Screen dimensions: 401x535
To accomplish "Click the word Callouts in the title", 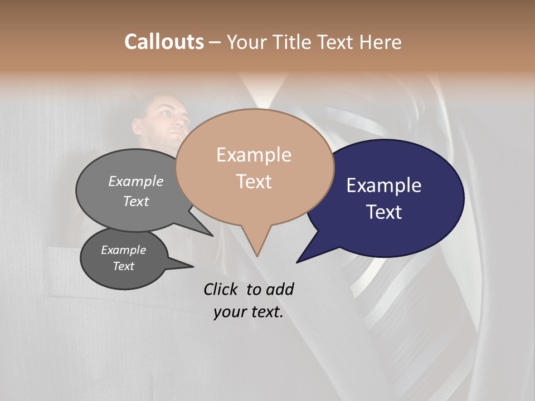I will click(164, 42).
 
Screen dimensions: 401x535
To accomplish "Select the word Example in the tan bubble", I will click(254, 155).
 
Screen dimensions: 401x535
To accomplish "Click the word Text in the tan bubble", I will click(254, 182).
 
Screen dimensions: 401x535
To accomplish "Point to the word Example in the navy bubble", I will click(384, 185).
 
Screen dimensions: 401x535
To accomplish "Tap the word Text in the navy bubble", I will click(384, 212).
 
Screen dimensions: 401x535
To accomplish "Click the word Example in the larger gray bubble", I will click(135, 182).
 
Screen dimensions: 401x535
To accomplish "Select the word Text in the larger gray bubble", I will click(135, 201).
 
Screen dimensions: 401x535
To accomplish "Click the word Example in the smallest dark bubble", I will click(123, 250).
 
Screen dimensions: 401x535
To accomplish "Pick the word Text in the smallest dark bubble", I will click(123, 266).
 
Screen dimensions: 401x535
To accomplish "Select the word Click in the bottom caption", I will click(221, 289).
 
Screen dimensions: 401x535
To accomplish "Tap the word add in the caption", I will click(279, 289).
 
